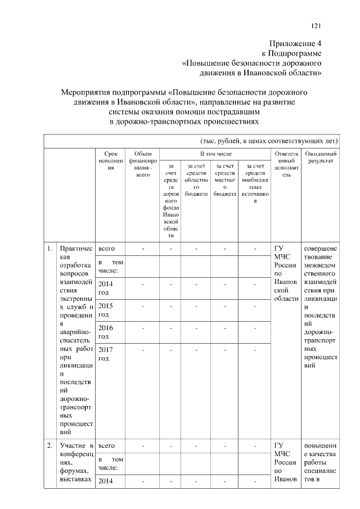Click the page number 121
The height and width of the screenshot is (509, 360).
316,25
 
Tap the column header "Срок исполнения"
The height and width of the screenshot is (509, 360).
111,160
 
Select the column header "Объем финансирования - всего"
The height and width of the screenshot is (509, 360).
143,164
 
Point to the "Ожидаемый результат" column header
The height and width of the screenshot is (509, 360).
321,157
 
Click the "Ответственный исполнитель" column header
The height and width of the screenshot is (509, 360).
286,164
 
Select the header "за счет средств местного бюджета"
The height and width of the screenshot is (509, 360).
224,179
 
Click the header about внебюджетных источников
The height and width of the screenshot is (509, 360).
255,183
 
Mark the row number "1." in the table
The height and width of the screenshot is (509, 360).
50,248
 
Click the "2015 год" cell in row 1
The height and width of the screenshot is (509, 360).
106,310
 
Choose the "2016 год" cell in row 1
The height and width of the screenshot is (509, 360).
106,332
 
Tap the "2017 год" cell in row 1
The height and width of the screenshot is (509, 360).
106,354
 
